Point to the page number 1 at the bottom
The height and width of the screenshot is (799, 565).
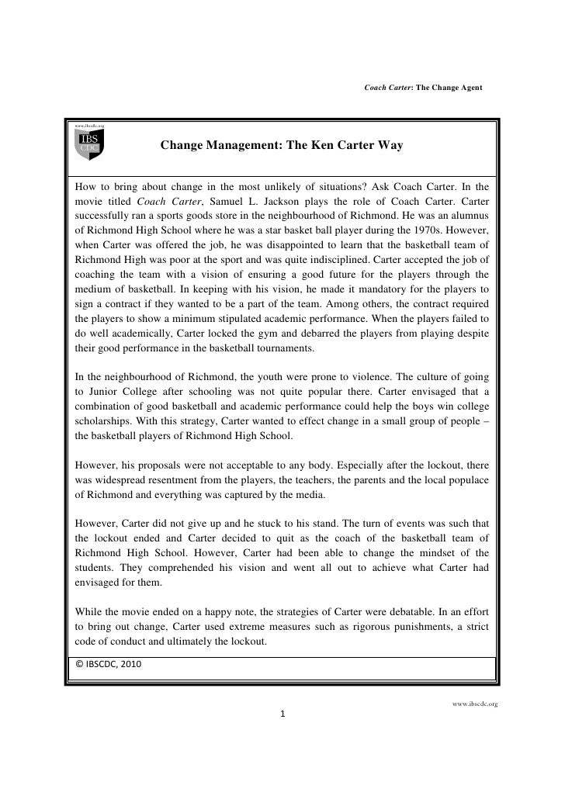pos(282,714)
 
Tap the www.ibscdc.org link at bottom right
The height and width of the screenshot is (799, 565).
pos(474,704)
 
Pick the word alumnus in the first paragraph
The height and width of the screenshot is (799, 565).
pos(466,216)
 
